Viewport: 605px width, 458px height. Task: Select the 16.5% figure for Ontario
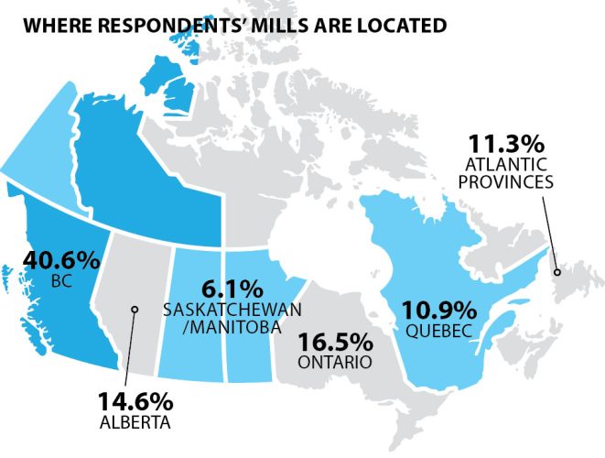click(x=335, y=343)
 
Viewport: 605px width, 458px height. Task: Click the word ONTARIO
click(x=334, y=363)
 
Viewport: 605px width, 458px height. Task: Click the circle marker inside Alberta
click(x=134, y=310)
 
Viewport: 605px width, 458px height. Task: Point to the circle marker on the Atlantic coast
click(x=556, y=270)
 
